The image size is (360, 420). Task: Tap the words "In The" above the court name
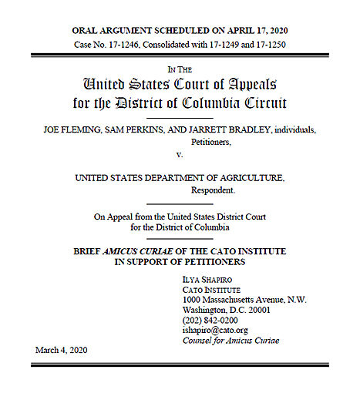coord(180,69)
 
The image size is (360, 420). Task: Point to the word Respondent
coord(212,190)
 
